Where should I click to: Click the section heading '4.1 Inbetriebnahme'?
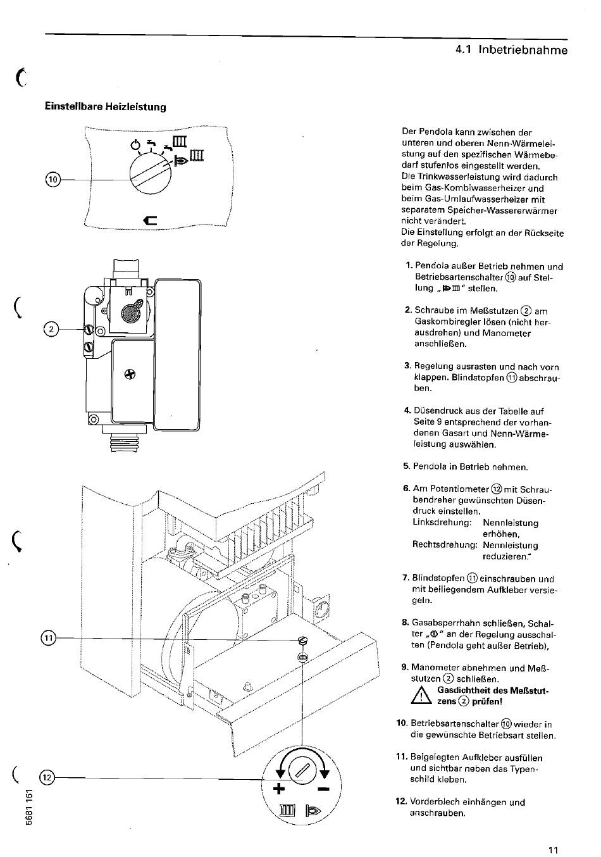[511, 50]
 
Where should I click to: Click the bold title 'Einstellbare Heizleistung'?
[106, 106]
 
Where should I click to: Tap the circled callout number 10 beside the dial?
[53, 179]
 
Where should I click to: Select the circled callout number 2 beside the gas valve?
[51, 329]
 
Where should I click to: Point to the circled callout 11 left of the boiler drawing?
[48, 638]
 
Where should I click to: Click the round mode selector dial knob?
[151, 175]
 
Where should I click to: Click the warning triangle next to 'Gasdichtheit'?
[421, 696]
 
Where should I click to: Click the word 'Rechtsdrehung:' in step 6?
[445, 544]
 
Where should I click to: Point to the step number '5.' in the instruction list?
[406, 466]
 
